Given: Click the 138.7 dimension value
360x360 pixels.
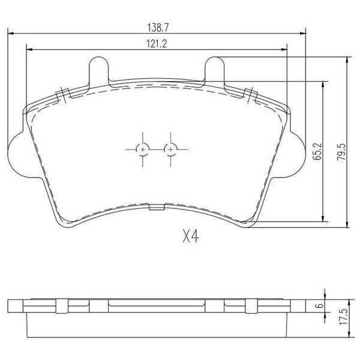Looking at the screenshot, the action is pyautogui.click(x=158, y=28).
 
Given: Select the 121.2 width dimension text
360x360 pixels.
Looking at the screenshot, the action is pyautogui.click(x=157, y=44).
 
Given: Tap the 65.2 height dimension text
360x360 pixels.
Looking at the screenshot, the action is pyautogui.click(x=317, y=151).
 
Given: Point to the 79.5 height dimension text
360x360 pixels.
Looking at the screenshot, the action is pyautogui.click(x=341, y=152).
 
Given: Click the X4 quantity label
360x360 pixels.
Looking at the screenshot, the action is pyautogui.click(x=191, y=236).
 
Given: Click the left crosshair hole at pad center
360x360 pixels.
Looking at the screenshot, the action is pyautogui.click(x=143, y=149).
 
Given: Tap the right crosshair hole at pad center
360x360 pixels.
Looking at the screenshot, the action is pyautogui.click(x=170, y=149).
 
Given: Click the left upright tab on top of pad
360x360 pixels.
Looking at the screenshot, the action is pyautogui.click(x=98, y=70).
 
